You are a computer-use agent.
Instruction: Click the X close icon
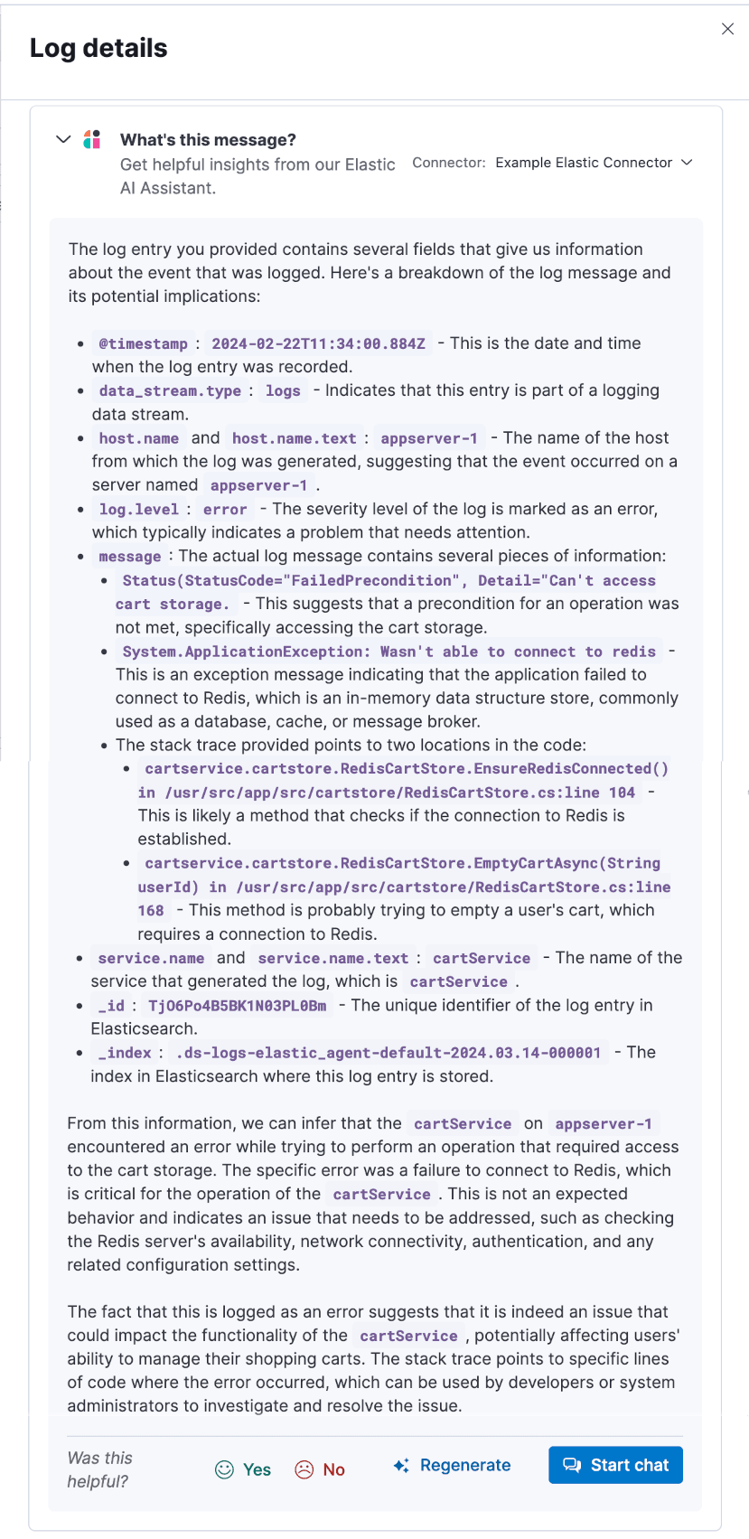pyautogui.click(x=727, y=29)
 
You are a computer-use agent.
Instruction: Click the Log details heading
pyautogui.click(x=98, y=48)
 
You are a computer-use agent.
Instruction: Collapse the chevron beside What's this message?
pyautogui.click(x=63, y=139)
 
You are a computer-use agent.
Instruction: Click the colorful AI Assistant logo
pyautogui.click(x=92, y=139)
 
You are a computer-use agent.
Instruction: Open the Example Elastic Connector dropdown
pyautogui.click(x=593, y=163)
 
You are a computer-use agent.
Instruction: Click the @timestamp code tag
pyautogui.click(x=143, y=343)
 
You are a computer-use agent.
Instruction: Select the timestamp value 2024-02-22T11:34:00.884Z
pyautogui.click(x=318, y=343)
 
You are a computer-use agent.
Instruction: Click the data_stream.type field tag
pyautogui.click(x=170, y=390)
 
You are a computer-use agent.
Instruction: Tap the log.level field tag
pyautogui.click(x=138, y=509)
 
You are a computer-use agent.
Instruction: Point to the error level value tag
pyautogui.click(x=225, y=509)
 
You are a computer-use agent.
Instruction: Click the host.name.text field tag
pyautogui.click(x=294, y=438)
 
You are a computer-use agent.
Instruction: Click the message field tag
pyautogui.click(x=129, y=557)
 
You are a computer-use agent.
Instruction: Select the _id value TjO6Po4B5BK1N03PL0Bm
pyautogui.click(x=237, y=1005)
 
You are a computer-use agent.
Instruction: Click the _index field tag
pyautogui.click(x=125, y=1052)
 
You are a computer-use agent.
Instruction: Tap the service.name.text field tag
pyautogui.click(x=332, y=958)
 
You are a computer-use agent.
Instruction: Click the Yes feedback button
pyautogui.click(x=244, y=1469)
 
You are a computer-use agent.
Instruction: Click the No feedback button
pyautogui.click(x=321, y=1469)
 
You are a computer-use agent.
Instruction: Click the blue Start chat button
pyautogui.click(x=615, y=1465)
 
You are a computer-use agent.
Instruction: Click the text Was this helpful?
pyautogui.click(x=99, y=1469)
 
